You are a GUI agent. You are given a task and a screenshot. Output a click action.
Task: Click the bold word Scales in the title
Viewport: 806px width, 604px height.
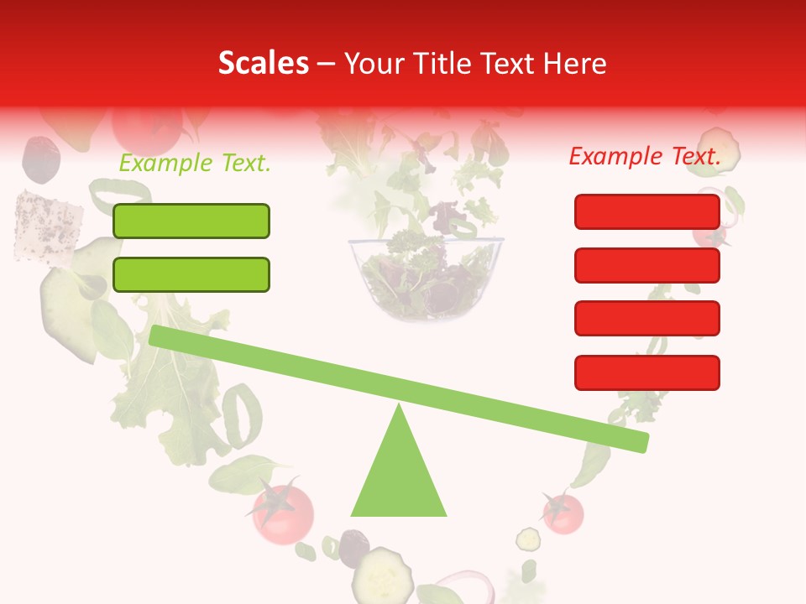263,64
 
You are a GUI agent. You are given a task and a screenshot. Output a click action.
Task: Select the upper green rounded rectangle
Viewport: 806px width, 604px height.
191,221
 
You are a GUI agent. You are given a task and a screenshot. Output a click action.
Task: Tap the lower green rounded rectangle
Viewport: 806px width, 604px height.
191,274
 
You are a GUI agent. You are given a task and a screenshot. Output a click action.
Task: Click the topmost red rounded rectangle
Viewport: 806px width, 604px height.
646,211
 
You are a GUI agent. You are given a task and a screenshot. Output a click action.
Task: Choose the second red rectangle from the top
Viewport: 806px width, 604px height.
646,265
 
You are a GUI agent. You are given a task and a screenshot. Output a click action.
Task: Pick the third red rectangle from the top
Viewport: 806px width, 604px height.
646,319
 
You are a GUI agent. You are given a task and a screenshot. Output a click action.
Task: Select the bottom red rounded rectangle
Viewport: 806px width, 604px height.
646,372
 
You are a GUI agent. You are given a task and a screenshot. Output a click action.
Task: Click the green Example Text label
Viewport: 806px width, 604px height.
195,164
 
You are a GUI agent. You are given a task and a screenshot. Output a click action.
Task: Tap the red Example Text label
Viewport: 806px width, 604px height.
645,156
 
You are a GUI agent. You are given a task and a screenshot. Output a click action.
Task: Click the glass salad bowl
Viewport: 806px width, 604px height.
426,277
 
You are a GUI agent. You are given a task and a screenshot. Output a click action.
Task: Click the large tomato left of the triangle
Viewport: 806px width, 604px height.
283,510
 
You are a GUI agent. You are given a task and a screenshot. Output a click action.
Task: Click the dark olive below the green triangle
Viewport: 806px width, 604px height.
353,546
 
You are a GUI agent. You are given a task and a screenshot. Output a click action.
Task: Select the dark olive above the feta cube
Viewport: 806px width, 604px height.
41,158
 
